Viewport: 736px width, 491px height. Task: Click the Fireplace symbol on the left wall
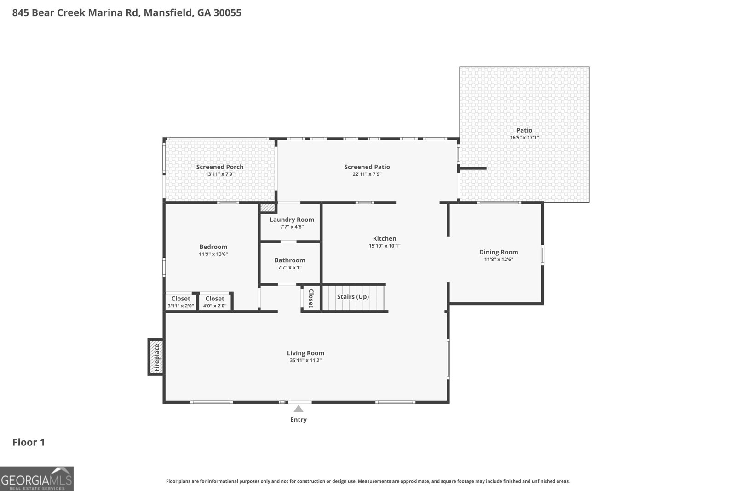pos(156,357)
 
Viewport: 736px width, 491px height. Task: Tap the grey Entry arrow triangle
pos(299,409)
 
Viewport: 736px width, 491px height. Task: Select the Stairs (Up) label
pos(353,296)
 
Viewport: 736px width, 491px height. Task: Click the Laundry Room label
pos(292,220)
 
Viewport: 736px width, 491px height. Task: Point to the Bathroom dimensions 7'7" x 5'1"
pos(290,267)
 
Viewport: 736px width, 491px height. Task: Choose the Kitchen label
pos(385,239)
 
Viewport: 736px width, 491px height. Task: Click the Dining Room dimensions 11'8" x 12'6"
pos(499,259)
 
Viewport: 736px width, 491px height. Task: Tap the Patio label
pos(524,130)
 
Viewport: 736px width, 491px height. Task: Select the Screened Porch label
pos(220,167)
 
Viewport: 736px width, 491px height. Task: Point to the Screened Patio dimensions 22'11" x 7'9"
pos(367,174)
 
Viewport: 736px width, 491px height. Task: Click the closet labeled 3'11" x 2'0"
pos(181,302)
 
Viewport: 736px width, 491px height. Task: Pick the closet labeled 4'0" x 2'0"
pos(215,302)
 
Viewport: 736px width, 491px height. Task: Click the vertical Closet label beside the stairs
pos(311,298)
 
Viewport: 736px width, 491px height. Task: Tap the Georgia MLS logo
pos(36,479)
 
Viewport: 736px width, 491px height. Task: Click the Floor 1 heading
pos(29,442)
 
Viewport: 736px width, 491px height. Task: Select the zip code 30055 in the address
pos(227,12)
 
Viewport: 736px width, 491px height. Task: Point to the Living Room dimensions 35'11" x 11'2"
pos(305,360)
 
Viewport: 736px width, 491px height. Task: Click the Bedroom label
pos(213,247)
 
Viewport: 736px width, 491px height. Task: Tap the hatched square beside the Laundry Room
pos(267,208)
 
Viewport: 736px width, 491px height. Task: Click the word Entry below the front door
pos(299,420)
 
